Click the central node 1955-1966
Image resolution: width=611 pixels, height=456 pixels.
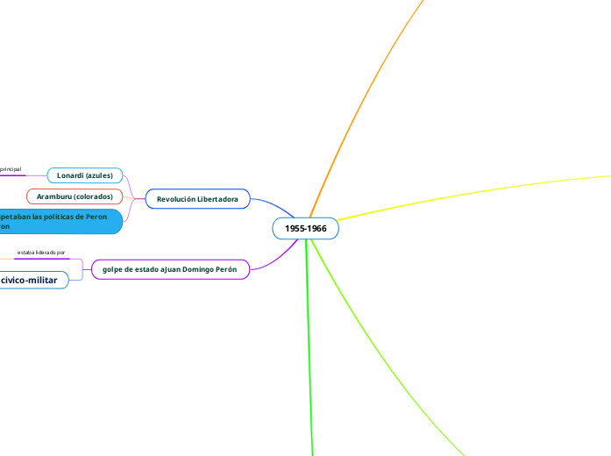tap(305, 229)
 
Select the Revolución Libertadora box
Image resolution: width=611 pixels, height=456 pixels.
tap(197, 200)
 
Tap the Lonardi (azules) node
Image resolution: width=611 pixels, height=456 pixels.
tap(85, 175)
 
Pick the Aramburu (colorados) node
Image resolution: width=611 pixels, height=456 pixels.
tap(75, 196)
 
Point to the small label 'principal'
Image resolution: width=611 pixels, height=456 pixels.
tap(11, 168)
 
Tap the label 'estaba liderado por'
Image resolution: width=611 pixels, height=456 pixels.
tap(41, 253)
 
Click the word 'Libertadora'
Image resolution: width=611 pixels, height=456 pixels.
tap(216, 200)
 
